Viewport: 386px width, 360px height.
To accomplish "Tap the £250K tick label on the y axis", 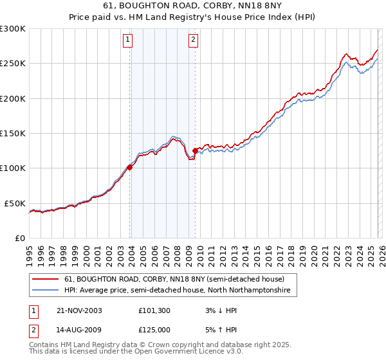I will pos(13,64).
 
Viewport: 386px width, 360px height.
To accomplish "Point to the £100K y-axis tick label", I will pos(13,168).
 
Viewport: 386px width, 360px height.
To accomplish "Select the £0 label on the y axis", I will pos(20,238).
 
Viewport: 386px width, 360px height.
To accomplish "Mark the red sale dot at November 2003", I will pos(130,167).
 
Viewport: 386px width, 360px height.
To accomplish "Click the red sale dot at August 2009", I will pos(195,150).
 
